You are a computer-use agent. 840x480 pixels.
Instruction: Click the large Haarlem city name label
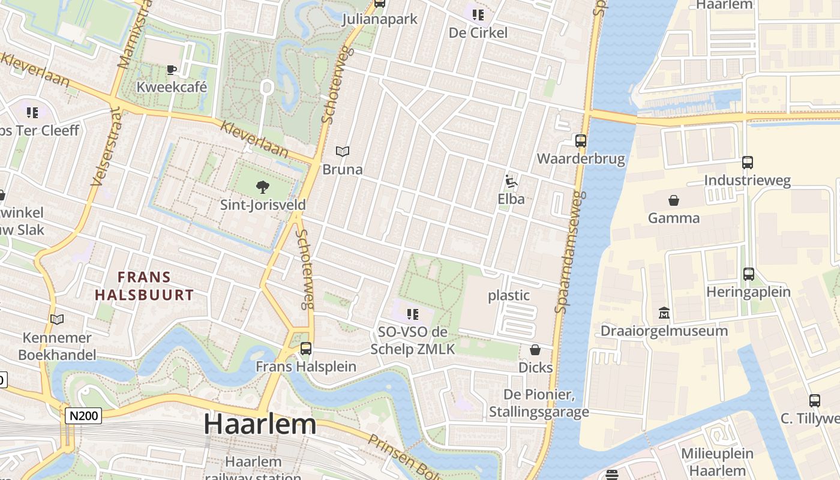260,425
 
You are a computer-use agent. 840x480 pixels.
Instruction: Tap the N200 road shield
83,416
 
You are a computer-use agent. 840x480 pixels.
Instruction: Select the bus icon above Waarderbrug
581,141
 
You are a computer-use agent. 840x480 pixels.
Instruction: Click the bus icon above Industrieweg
747,163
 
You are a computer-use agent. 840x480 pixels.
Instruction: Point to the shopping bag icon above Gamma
674,200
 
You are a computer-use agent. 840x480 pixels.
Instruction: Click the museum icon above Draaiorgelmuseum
664,313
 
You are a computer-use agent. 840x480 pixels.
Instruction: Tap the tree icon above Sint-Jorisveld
262,187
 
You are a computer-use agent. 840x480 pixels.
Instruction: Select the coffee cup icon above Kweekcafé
172,70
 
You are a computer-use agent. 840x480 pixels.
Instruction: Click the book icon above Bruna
343,152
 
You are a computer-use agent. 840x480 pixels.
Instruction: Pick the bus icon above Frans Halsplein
306,348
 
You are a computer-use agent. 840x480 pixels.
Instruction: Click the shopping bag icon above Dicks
535,350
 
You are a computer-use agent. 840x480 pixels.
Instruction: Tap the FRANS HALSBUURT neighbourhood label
144,286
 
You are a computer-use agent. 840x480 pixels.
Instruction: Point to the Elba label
511,199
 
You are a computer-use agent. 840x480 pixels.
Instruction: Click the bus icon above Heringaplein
748,274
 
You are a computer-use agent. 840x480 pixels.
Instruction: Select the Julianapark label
379,19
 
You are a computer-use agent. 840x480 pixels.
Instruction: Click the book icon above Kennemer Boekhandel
57,320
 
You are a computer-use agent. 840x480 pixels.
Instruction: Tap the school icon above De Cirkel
478,14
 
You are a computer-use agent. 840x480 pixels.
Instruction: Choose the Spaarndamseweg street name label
570,252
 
